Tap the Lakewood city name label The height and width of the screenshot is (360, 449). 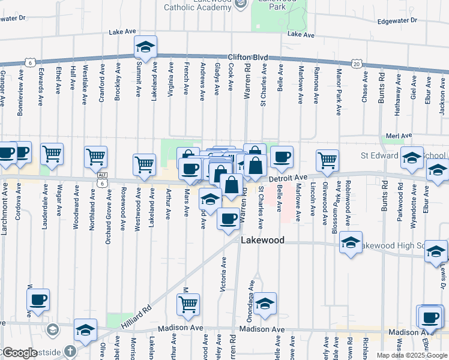pyautogui.click(x=262, y=240)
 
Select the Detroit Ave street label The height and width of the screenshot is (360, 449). pyautogui.click(x=288, y=178)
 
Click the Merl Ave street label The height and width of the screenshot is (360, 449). pyautogui.click(x=399, y=136)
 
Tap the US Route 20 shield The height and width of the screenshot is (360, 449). pyautogui.click(x=357, y=63)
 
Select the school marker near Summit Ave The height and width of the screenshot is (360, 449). pyautogui.click(x=144, y=47)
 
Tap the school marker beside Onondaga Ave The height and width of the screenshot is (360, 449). pyautogui.click(x=265, y=303)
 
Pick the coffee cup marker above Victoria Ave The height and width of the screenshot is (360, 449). pyautogui.click(x=228, y=218)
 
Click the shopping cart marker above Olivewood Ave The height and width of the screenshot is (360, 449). pyautogui.click(x=327, y=159)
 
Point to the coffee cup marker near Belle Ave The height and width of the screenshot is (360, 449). pyautogui.click(x=282, y=157)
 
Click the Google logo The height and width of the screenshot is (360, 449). pyautogui.click(x=20, y=353)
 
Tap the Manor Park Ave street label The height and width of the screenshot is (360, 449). pyautogui.click(x=339, y=91)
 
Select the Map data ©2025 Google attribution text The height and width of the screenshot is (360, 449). pyautogui.click(x=412, y=355)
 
